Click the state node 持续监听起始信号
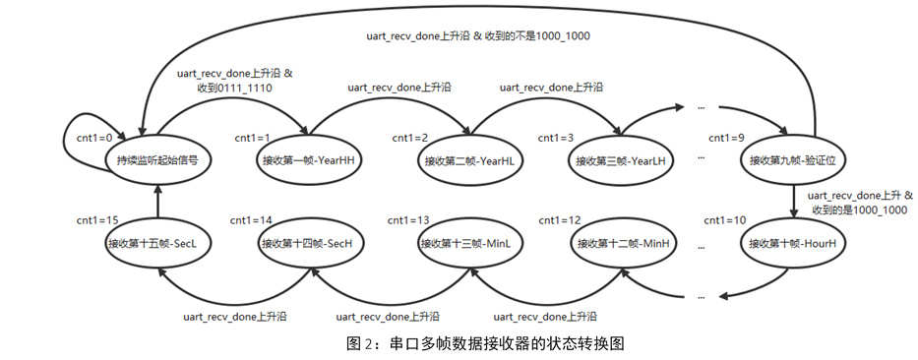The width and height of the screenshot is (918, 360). (x=157, y=159)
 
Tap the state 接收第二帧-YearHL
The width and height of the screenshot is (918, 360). (x=466, y=159)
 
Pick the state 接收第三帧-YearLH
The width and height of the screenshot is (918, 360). (x=622, y=159)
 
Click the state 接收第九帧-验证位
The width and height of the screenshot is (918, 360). (x=791, y=159)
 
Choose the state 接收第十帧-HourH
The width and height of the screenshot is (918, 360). (x=791, y=242)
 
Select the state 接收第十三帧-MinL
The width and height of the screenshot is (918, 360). (x=466, y=242)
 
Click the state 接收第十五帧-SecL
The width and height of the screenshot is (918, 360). (x=157, y=242)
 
